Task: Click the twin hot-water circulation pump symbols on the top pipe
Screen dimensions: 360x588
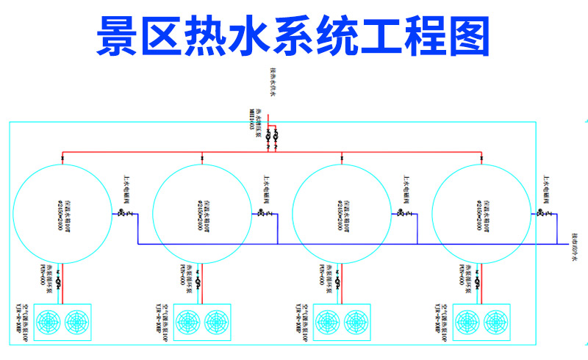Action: point(272,137)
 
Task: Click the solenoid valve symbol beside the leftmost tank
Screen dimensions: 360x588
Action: point(121,214)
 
